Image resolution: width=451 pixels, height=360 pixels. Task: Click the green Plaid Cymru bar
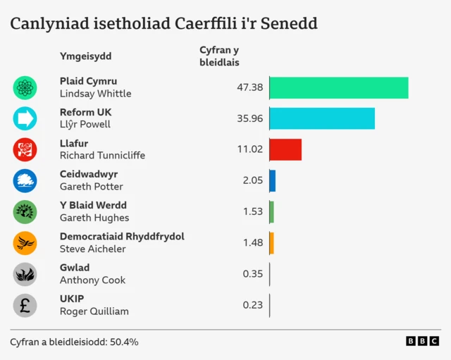[338, 87]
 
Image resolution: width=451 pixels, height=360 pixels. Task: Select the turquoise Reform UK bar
[321, 118]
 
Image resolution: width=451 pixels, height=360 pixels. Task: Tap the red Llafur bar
[285, 149]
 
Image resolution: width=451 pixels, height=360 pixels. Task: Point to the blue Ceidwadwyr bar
[272, 180]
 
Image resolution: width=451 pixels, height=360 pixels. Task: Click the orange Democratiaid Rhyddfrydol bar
[271, 242]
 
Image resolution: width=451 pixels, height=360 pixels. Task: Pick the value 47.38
[249, 87]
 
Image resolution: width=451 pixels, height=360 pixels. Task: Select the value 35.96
[249, 118]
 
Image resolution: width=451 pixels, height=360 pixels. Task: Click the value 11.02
[250, 149]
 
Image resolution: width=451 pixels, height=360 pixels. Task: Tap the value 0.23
[252, 305]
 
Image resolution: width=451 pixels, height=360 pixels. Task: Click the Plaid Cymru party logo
[25, 87]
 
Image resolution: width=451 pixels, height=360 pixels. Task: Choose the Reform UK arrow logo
[25, 118]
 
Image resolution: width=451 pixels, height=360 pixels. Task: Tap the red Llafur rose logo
[25, 149]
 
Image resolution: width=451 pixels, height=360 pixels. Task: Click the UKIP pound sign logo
[25, 305]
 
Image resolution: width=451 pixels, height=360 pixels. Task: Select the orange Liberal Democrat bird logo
[25, 243]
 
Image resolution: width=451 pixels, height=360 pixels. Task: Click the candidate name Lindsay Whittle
[95, 94]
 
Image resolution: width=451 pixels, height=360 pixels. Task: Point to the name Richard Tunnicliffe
[102, 156]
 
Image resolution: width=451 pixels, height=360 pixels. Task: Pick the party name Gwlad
[75, 268]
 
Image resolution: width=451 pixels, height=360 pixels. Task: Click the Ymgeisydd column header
[85, 56]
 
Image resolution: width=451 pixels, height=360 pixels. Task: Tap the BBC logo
[422, 341]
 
